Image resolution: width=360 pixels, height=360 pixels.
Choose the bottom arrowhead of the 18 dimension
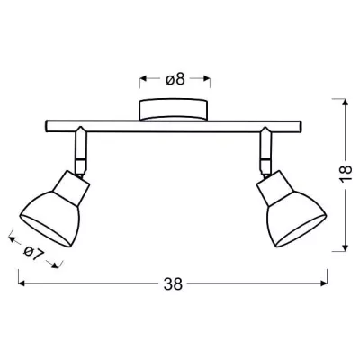pyautogui.click(x=346, y=248)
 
